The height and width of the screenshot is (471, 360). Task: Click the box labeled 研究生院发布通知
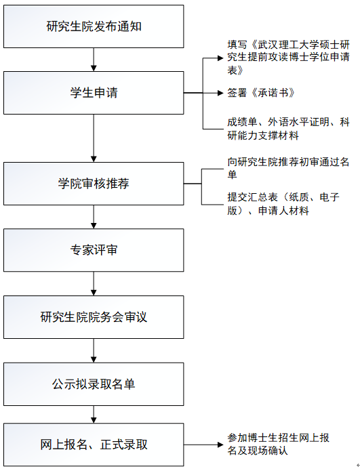(94, 26)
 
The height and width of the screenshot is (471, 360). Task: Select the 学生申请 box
(94, 93)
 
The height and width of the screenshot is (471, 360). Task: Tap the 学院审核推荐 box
(94, 184)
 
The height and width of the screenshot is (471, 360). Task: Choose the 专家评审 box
(94, 250)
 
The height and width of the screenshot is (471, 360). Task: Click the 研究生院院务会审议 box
(94, 317)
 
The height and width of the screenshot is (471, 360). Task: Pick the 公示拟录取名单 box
(94, 384)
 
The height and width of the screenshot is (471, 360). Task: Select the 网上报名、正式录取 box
(94, 445)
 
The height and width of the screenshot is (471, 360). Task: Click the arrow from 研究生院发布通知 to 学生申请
(94, 60)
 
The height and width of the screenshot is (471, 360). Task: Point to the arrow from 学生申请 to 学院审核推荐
(94, 138)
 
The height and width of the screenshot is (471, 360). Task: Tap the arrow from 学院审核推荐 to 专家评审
(94, 217)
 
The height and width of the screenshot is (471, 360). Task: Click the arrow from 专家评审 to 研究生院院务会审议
(94, 283)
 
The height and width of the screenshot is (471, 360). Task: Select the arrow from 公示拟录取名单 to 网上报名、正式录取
(94, 414)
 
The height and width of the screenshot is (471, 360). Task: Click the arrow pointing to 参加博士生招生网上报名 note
(203, 445)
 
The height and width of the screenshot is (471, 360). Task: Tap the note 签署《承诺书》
(261, 93)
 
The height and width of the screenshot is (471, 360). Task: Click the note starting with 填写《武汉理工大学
(288, 58)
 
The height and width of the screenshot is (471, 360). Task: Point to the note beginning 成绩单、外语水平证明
(288, 129)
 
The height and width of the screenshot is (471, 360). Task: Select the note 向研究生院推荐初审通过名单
(288, 168)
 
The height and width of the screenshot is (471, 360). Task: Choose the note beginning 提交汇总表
(283, 204)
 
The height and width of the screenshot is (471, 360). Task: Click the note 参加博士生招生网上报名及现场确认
(278, 445)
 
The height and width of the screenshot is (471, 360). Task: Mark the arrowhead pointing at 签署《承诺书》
(220, 93)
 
